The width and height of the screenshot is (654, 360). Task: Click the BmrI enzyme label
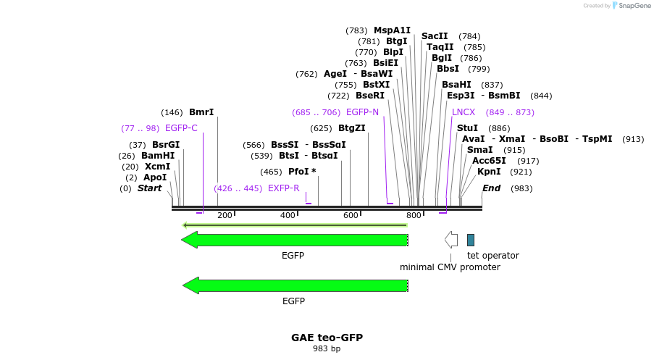[201, 112]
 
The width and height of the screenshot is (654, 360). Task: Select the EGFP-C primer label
[181, 128]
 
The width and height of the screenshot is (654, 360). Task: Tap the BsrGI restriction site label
[166, 145]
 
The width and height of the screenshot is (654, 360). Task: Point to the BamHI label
[158, 156]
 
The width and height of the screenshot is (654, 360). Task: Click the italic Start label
[149, 188]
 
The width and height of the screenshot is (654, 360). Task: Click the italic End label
[492, 188]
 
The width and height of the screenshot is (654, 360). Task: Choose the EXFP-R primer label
[283, 188]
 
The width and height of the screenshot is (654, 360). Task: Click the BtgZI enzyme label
[352, 128]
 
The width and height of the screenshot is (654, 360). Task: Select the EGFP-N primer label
[362, 112]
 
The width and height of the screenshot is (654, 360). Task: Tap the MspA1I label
[392, 30]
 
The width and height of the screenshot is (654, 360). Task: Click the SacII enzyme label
[435, 36]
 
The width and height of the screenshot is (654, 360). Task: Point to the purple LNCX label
[464, 112]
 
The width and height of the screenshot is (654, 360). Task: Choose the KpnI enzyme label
[489, 172]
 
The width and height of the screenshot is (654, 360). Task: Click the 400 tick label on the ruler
[288, 215]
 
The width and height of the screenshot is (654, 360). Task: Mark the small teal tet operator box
[471, 240]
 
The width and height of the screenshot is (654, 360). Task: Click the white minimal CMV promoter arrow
[451, 240]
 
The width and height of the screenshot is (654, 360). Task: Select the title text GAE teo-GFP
[327, 338]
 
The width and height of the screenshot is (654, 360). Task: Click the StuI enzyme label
[467, 128]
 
